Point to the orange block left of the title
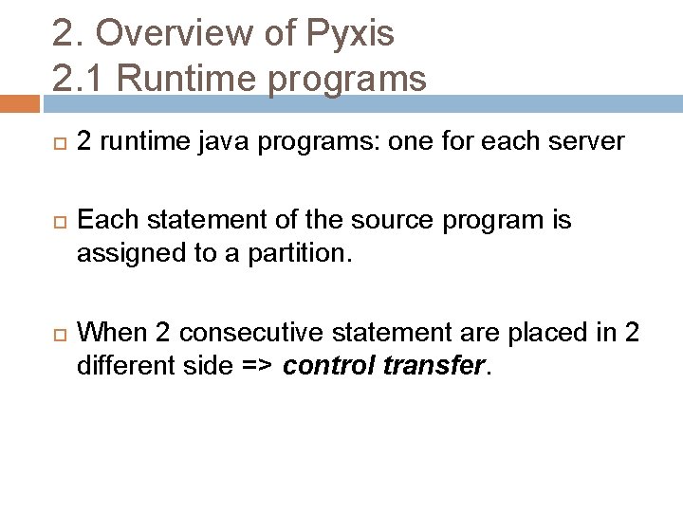[x=19, y=103]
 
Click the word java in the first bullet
[x=233, y=142]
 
